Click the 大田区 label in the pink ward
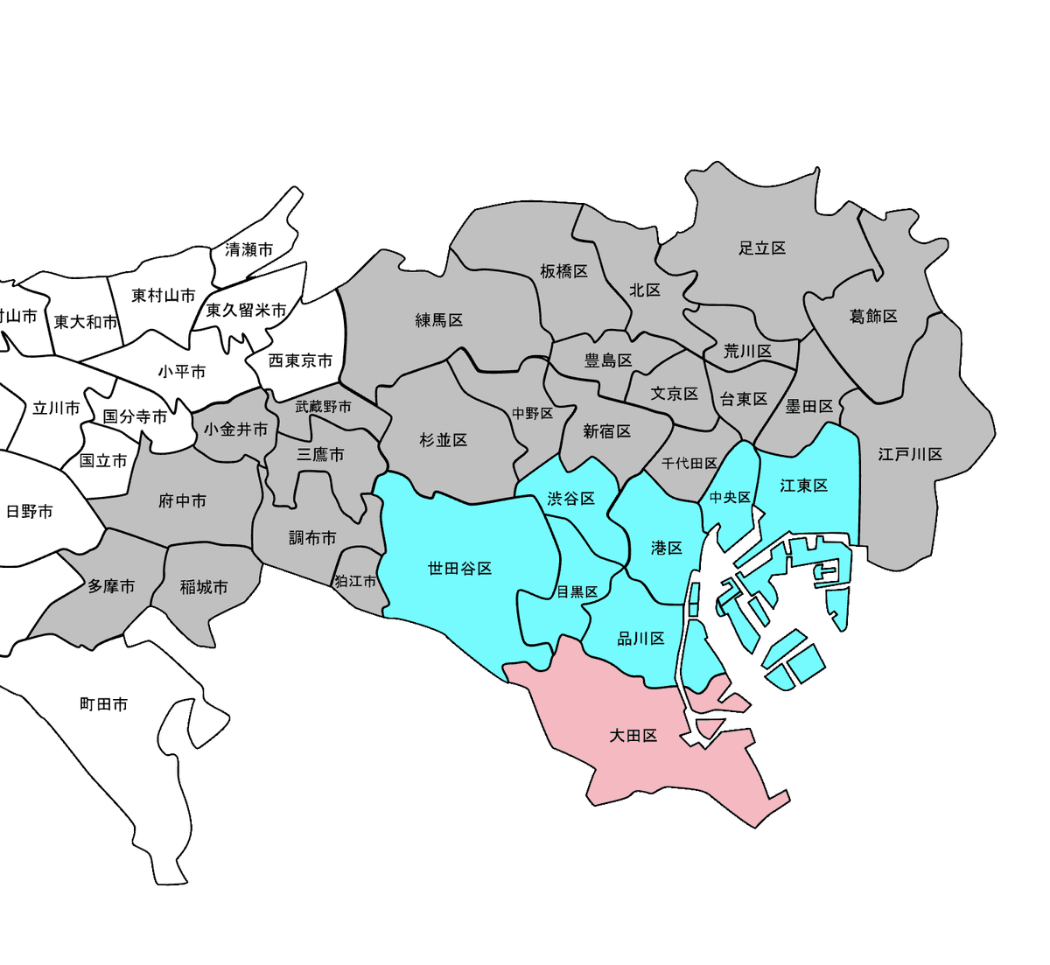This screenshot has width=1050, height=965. click(633, 736)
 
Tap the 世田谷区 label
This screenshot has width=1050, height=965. click(459, 569)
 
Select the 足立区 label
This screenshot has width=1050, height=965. click(762, 248)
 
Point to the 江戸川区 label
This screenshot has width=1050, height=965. click(910, 454)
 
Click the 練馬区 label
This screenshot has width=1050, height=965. click(439, 320)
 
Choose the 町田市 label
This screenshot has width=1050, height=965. click(104, 704)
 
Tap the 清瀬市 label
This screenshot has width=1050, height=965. click(249, 250)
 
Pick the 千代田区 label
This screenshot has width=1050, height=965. click(689, 463)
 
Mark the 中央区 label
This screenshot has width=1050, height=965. click(730, 497)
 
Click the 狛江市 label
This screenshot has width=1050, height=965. click(355, 581)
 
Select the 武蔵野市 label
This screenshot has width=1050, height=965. click(323, 407)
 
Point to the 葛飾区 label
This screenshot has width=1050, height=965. click(873, 316)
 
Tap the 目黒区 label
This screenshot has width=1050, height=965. click(577, 592)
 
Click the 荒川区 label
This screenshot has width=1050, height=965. click(747, 351)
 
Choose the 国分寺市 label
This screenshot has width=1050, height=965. click(135, 416)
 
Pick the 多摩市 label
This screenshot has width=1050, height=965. click(111, 586)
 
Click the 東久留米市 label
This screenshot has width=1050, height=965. click(246, 311)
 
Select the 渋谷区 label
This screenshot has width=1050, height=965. click(570, 499)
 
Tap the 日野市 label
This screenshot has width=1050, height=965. click(30, 512)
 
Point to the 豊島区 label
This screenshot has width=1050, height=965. click(608, 360)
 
